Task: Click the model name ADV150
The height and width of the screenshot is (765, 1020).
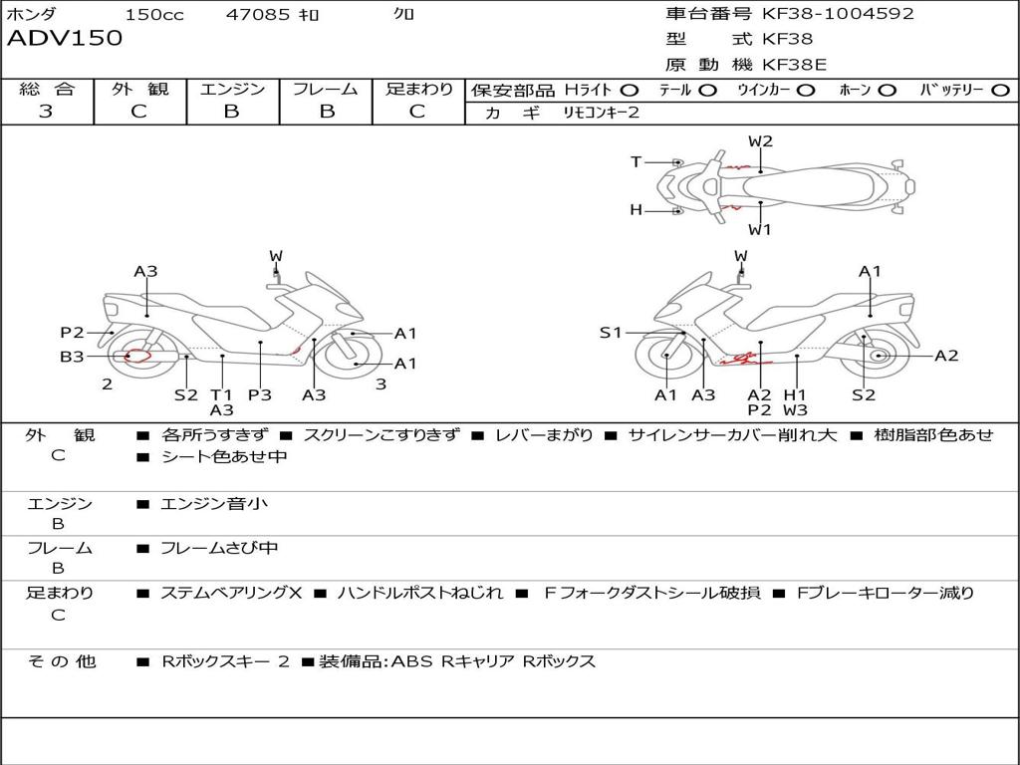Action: pyautogui.click(x=65, y=39)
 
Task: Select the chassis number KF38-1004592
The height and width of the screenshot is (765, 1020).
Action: pyautogui.click(x=838, y=13)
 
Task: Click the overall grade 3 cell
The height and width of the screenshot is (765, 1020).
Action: pyautogui.click(x=46, y=112)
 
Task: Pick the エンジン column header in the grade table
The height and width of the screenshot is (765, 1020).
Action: pyautogui.click(x=232, y=90)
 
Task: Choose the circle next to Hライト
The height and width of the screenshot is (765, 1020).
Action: pyautogui.click(x=630, y=90)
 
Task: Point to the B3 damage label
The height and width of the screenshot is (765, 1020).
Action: pyautogui.click(x=72, y=357)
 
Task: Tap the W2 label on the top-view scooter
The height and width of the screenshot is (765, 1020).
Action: pyautogui.click(x=760, y=141)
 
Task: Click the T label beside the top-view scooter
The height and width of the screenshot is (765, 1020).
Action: pyautogui.click(x=637, y=161)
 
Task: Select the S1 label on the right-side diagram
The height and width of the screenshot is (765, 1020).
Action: pyautogui.click(x=611, y=333)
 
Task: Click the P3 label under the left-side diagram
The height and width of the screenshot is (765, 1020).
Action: pyautogui.click(x=259, y=394)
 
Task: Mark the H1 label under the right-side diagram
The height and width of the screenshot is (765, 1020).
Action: pyautogui.click(x=794, y=394)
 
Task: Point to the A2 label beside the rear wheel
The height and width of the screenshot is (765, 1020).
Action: pyautogui.click(x=945, y=356)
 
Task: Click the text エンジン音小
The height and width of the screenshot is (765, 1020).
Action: pyautogui.click(x=213, y=504)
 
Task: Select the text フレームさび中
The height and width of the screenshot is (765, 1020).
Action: pyautogui.click(x=219, y=548)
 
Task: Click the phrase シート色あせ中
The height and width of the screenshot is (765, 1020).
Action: pyautogui.click(x=224, y=457)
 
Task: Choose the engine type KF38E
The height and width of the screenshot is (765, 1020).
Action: pyautogui.click(x=795, y=65)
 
